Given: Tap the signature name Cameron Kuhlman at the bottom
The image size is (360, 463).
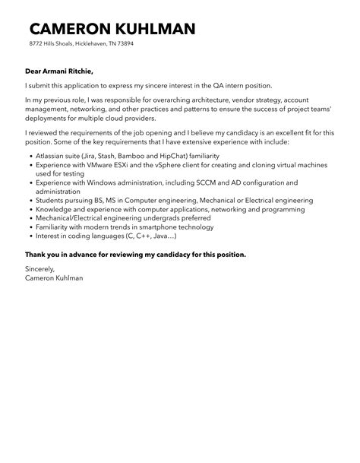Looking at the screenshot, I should pyautogui.click(x=54, y=278).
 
